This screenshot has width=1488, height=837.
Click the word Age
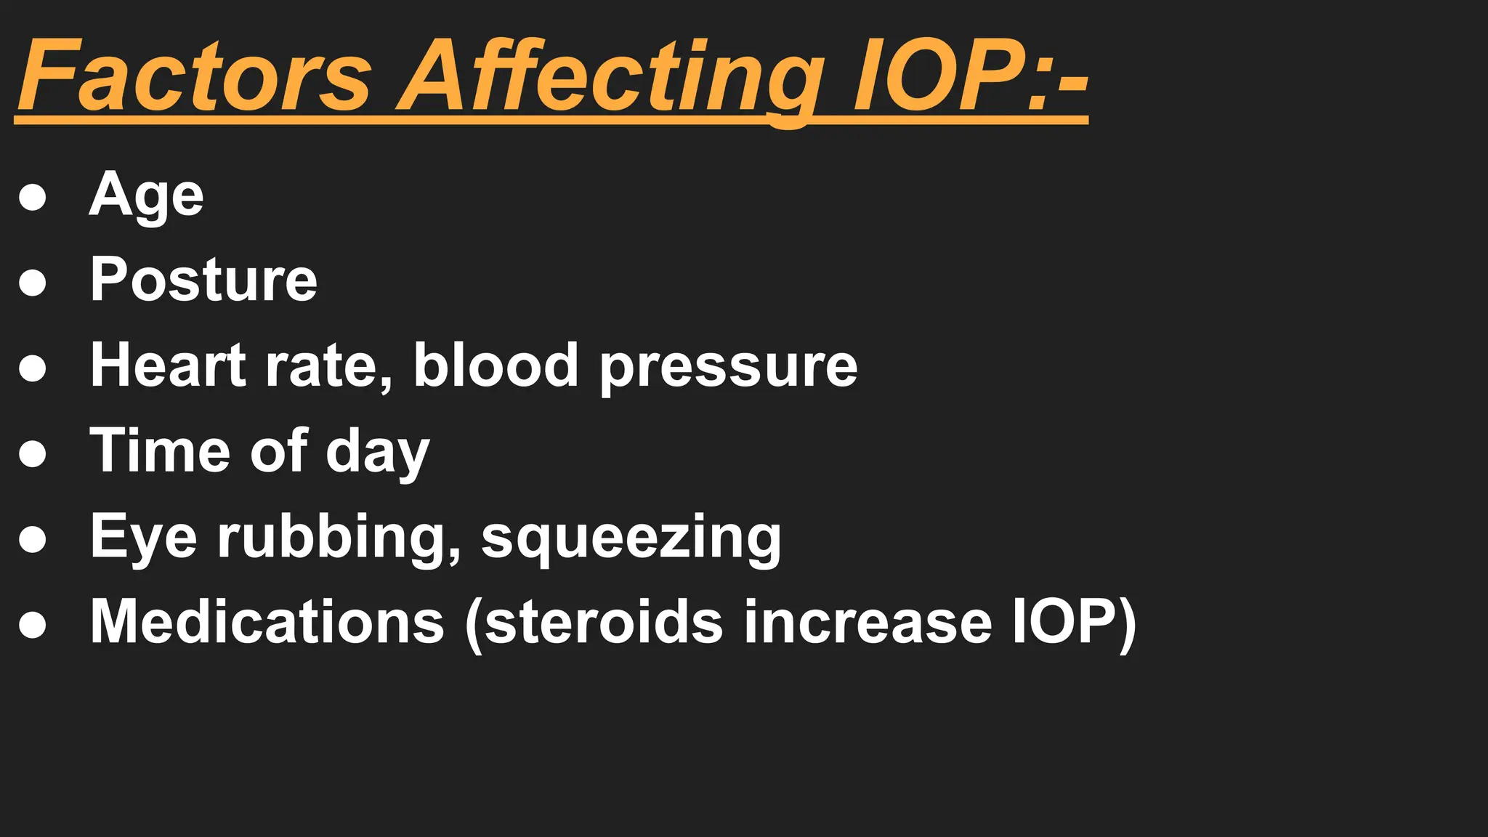(x=146, y=195)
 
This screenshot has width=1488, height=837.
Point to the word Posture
(x=203, y=280)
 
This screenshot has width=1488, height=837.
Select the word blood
(x=496, y=365)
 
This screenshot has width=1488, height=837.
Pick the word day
(x=377, y=452)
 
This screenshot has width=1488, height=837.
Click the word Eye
(x=143, y=538)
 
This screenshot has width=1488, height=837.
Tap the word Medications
(x=267, y=622)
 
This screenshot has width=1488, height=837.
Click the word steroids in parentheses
(x=603, y=622)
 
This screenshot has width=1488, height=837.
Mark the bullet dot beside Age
(x=33, y=197)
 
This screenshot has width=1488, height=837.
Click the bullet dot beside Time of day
(x=33, y=453)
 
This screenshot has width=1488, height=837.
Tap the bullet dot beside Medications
(x=33, y=624)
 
